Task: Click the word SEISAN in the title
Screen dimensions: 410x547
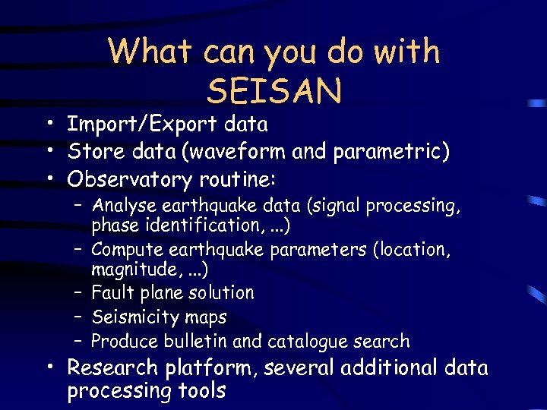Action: point(274,90)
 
